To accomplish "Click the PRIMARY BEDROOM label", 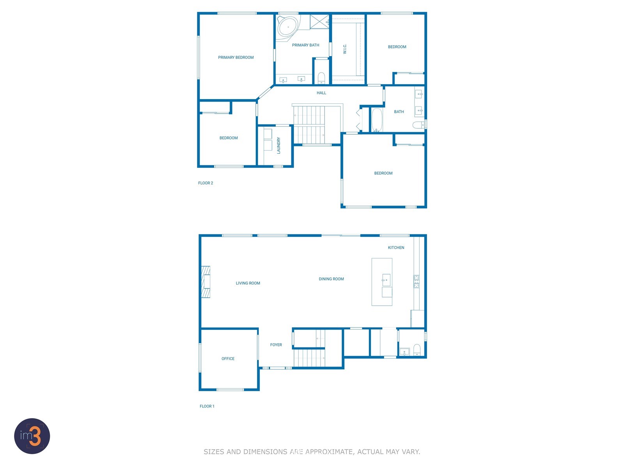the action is [x=236, y=57].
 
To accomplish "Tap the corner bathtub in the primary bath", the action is [x=288, y=27].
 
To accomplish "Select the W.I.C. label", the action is [x=344, y=49].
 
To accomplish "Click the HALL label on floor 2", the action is [x=321, y=93].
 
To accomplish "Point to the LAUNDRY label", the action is [x=278, y=145].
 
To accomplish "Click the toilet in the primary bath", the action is [x=321, y=78].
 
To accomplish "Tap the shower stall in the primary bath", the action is [x=319, y=22].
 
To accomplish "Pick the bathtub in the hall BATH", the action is [x=377, y=120].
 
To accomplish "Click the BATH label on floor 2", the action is [x=399, y=112].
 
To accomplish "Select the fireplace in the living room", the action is [x=206, y=282].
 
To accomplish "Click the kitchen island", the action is [x=382, y=282].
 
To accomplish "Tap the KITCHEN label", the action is [x=396, y=248].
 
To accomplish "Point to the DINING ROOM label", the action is [x=331, y=279].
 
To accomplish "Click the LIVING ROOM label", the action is [x=248, y=283].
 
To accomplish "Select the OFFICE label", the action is [x=228, y=358].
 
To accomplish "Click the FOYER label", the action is [x=276, y=345].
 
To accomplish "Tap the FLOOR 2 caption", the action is [x=206, y=183].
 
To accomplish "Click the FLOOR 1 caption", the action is [x=207, y=406].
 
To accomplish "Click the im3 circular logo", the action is [x=32, y=436].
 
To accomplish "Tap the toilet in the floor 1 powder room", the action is [x=417, y=350].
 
